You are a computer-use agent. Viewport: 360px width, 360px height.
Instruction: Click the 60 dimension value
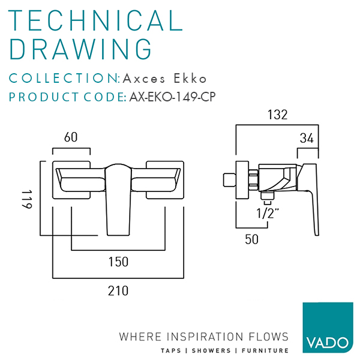click(71, 137)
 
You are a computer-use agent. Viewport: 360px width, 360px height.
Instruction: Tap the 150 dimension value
click(119, 262)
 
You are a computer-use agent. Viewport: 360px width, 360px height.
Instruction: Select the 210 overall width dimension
click(119, 291)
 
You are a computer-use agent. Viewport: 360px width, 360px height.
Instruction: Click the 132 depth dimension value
click(278, 114)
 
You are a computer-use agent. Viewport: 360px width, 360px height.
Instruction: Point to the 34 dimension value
click(307, 139)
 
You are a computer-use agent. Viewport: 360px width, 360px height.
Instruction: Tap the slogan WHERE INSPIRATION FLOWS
click(204, 336)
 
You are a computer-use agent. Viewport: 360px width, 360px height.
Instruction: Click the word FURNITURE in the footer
click(265, 350)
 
